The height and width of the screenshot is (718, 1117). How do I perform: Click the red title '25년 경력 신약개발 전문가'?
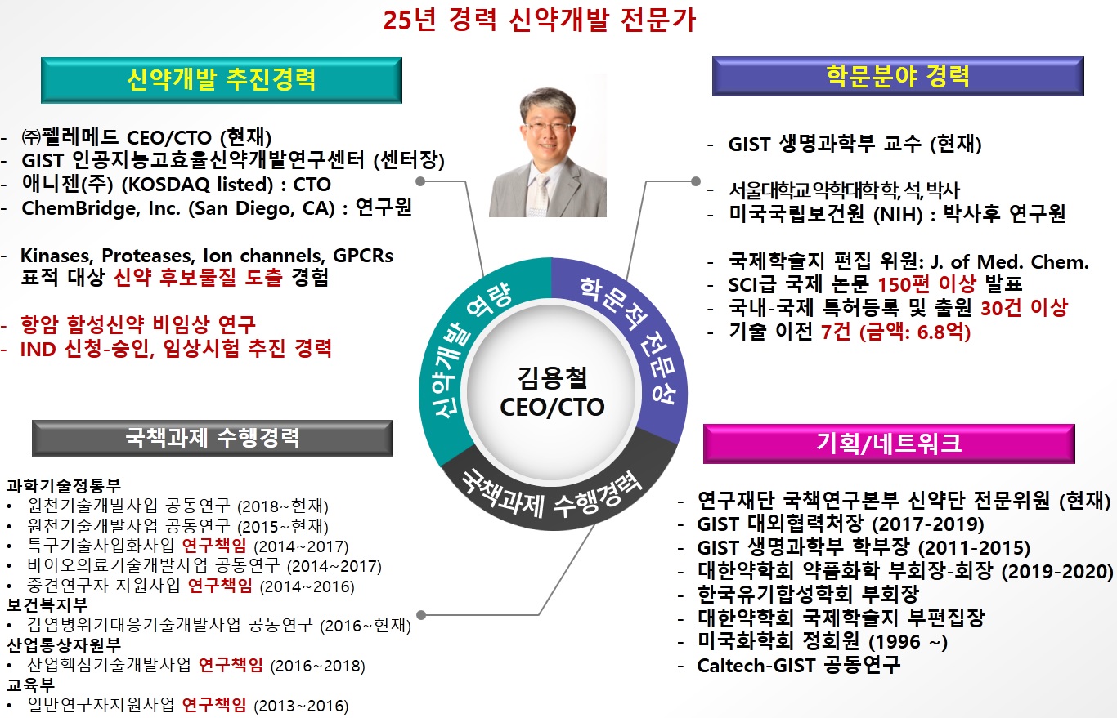click(x=540, y=20)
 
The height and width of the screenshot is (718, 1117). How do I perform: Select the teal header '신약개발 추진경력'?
click(x=222, y=80)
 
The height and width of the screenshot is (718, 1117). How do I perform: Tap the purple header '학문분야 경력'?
click(x=898, y=76)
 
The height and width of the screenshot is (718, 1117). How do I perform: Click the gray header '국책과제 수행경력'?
click(x=213, y=438)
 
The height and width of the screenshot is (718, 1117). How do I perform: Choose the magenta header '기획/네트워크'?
click(x=889, y=444)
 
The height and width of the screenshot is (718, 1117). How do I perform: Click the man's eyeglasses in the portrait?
click(x=548, y=127)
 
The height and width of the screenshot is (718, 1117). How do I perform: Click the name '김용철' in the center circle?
click(x=552, y=377)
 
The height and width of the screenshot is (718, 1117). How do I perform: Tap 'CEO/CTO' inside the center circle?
click(x=552, y=408)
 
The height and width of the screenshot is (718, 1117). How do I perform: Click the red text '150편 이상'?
click(x=926, y=284)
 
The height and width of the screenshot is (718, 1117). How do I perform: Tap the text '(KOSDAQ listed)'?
click(x=197, y=185)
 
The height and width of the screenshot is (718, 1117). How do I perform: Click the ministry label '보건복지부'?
click(x=47, y=605)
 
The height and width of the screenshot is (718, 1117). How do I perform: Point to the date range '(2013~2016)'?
click(x=301, y=706)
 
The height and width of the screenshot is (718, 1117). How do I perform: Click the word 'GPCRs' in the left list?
click(x=363, y=256)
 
